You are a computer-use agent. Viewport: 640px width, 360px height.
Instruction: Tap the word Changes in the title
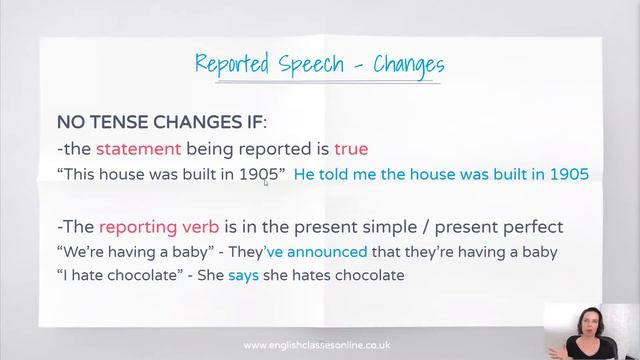tap(409, 66)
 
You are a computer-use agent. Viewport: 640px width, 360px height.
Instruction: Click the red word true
tap(351, 149)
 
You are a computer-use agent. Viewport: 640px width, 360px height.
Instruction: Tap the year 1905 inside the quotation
tap(258, 174)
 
